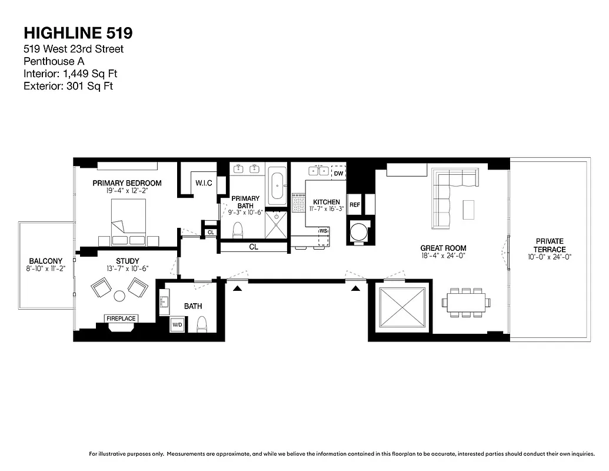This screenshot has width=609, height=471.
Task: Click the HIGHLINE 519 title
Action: (74, 32)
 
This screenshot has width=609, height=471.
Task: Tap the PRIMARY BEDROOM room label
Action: (127, 183)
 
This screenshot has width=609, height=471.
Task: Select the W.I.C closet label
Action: (204, 184)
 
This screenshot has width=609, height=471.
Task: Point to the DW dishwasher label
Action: (338, 174)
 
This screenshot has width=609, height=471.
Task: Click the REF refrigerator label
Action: (355, 205)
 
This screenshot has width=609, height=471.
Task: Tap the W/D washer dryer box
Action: (177, 324)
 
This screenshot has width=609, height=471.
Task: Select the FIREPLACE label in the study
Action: (121, 319)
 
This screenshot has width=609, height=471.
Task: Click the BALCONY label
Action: (45, 261)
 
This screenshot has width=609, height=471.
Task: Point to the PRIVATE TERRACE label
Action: (549, 245)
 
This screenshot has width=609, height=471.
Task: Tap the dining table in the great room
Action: (465, 303)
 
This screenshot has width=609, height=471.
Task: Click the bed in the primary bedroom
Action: (128, 219)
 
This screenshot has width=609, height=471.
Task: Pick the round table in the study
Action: (119, 296)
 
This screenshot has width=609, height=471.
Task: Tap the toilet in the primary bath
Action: (238, 230)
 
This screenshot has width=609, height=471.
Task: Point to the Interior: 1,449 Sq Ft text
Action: (74, 74)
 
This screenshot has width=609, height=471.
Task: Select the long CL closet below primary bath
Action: (254, 247)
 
